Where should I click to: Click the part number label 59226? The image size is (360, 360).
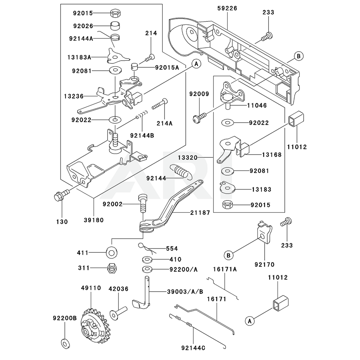click(x=227, y=8)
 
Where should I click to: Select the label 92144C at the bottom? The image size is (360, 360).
click(x=194, y=348)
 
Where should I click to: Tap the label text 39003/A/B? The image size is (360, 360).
click(x=185, y=291)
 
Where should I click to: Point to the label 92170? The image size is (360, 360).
click(x=265, y=265)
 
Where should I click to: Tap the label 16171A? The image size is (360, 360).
click(x=224, y=269)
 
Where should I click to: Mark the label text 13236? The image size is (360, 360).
click(x=73, y=96)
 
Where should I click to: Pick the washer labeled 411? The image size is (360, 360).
click(x=111, y=253)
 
